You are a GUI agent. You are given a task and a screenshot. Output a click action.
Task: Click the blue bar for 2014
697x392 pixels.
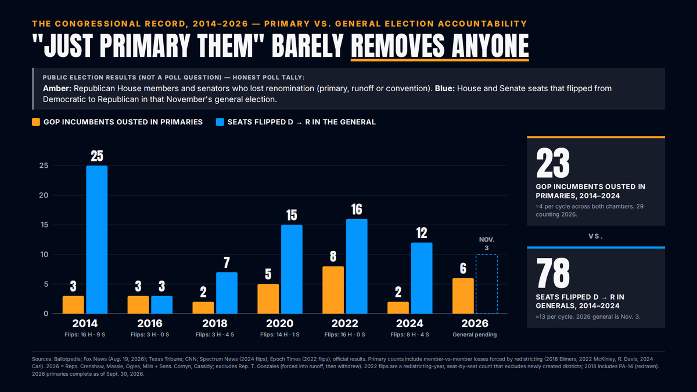coord(97,239)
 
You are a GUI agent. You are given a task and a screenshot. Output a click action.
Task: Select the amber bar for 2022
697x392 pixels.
coord(333,290)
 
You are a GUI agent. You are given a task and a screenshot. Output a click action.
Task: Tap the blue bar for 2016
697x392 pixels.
coord(162,304)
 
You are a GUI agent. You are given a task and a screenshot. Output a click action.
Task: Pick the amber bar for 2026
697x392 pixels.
coord(463,296)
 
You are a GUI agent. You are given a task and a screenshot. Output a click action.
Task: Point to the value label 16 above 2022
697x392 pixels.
coord(357,210)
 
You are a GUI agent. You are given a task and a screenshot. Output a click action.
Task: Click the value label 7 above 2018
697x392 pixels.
coord(227,263)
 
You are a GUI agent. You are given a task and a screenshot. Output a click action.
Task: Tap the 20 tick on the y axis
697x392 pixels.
coord(44,195)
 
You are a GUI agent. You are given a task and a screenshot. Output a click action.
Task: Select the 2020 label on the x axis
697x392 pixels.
coord(280,323)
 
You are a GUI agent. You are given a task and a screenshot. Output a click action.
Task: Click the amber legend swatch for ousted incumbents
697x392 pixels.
coord(36,122)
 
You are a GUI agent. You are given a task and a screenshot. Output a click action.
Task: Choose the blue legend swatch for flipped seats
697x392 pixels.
coord(220,122)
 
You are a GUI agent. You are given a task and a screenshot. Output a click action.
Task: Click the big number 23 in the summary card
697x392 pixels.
coord(552,163)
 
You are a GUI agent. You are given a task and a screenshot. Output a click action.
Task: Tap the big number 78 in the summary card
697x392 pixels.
coord(552,273)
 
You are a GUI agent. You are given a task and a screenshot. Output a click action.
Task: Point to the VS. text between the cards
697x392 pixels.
coord(595,236)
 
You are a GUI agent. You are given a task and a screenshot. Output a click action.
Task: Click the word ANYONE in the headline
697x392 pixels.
coord(490,46)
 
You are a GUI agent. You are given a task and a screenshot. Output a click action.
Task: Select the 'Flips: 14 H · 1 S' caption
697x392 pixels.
coord(280,335)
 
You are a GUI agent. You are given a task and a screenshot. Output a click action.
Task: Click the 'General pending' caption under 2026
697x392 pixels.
coord(475,335)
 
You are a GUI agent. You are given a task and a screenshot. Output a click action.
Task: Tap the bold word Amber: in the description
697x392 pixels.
coord(57,89)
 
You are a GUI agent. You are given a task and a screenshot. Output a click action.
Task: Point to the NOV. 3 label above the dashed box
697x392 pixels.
coord(487,243)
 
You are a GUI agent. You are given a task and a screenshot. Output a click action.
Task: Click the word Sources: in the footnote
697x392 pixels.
coord(42,359)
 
